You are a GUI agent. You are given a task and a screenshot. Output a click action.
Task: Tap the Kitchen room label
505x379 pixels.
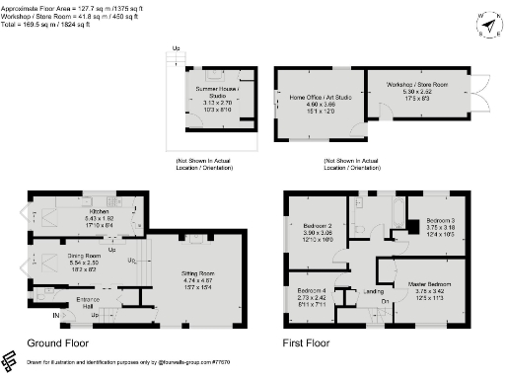pyautogui.click(x=101, y=210)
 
